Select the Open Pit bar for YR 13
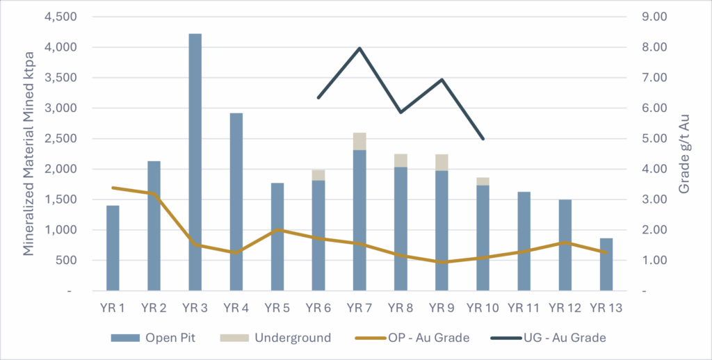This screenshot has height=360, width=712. click(606, 264)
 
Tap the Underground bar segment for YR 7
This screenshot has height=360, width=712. click(359, 141)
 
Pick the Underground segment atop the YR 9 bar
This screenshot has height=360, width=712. click(442, 162)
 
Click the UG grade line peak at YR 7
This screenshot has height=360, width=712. click(359, 48)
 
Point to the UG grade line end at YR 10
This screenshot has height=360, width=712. click(483, 139)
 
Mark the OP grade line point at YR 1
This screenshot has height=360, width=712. click(113, 188)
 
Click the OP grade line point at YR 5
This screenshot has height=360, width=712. click(277, 229)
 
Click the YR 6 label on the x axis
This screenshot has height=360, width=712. click(318, 307)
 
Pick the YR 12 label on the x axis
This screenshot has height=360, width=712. click(565, 307)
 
